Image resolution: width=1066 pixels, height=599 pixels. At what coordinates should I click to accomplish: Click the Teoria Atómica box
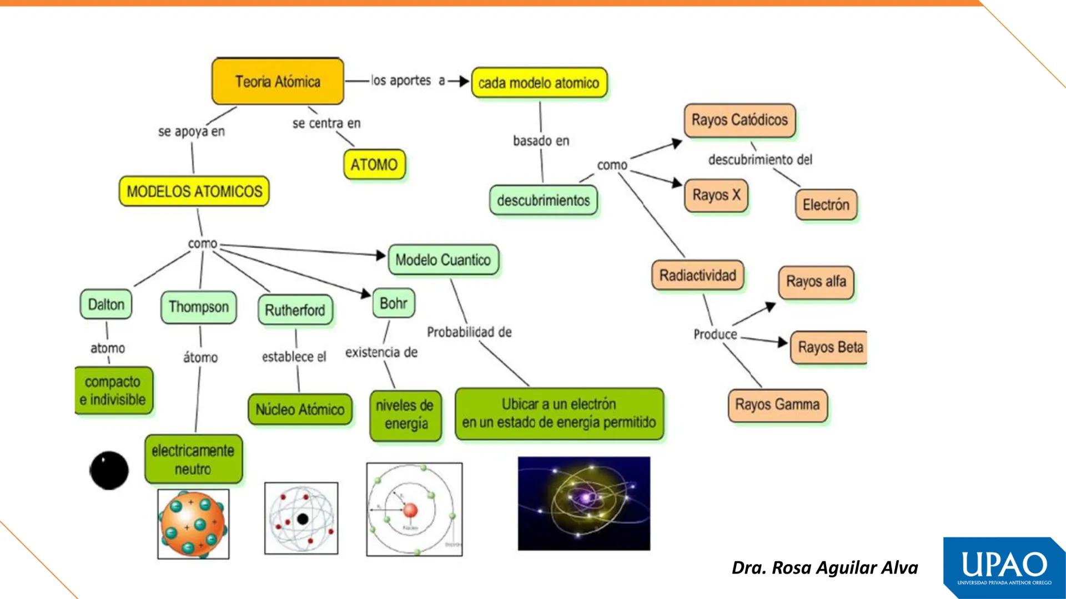click(x=278, y=82)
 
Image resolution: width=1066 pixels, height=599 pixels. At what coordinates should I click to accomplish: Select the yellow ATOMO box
click(x=374, y=165)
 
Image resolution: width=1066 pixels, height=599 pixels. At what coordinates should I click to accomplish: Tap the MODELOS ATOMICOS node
click(x=194, y=191)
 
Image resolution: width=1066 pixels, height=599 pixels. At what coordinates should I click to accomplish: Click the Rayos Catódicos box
click(x=740, y=120)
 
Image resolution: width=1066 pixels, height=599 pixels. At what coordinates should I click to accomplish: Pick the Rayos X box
click(x=716, y=195)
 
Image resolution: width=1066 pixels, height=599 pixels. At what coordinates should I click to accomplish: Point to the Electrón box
click(x=826, y=205)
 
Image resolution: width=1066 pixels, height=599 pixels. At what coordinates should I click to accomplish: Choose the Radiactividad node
click(x=697, y=276)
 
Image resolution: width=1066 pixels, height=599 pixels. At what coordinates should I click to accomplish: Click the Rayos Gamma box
click(x=777, y=405)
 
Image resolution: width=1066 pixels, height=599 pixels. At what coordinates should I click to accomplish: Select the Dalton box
click(x=106, y=304)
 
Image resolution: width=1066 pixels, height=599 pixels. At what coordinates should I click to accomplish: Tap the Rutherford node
click(x=295, y=310)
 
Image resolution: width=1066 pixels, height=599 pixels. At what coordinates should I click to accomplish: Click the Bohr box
click(x=394, y=303)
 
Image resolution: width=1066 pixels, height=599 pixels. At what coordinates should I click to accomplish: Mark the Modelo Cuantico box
click(x=443, y=260)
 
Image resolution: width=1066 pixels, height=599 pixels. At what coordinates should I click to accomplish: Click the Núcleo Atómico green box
click(x=300, y=410)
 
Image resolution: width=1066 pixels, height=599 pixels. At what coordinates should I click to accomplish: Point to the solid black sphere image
click(x=109, y=470)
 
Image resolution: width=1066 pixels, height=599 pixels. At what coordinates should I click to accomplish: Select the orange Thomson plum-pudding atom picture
click(x=193, y=524)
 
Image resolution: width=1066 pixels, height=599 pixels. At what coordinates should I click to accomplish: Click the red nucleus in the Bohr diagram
click(x=410, y=510)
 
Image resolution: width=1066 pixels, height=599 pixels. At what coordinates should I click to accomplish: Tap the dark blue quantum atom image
click(x=584, y=503)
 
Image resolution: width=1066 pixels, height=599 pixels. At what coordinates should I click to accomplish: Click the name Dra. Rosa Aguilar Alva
click(x=824, y=568)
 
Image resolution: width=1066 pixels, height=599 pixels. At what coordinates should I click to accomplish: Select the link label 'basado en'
click(x=541, y=141)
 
